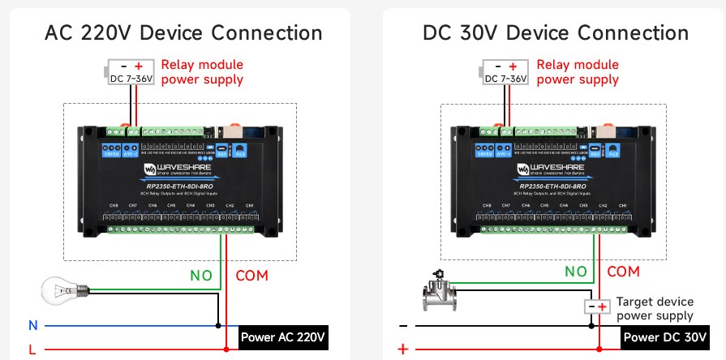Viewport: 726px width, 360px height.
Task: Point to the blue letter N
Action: point(33,325)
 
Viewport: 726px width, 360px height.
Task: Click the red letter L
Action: point(33,349)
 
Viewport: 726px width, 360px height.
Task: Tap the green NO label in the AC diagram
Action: point(201,275)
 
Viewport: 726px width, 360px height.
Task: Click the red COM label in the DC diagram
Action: point(623,272)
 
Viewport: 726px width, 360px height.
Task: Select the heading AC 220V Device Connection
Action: point(183,33)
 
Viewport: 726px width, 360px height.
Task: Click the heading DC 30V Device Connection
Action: point(556,33)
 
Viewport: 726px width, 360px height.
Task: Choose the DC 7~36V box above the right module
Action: point(505,72)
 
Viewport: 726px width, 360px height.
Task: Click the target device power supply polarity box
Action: point(598,307)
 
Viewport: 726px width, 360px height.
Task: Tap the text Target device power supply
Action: point(655,308)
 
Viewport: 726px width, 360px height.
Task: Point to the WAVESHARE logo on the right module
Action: point(551,169)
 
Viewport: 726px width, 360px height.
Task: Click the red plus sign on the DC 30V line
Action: point(402,349)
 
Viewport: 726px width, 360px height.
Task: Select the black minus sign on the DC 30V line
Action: point(403,325)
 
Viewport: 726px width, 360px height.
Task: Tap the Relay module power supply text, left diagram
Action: point(202,72)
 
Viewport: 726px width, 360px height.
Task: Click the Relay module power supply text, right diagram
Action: point(578,72)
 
